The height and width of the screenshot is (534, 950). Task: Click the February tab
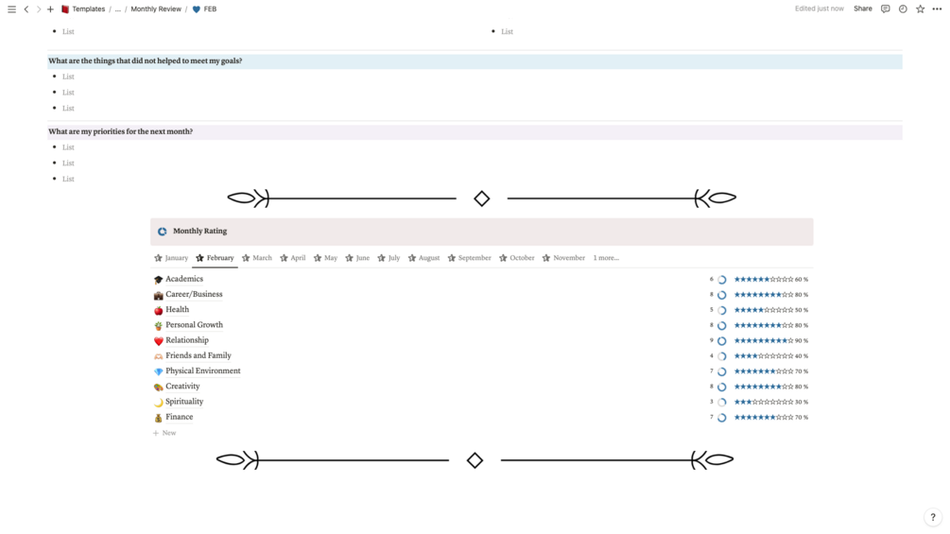click(x=216, y=258)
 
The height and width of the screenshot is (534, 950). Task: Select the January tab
click(x=171, y=258)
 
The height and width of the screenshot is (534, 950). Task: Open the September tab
click(x=470, y=258)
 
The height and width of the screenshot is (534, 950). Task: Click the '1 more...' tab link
click(x=606, y=258)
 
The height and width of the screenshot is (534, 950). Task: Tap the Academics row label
click(x=184, y=279)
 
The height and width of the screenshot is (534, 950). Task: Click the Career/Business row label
click(x=194, y=294)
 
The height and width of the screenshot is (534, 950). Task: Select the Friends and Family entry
click(x=199, y=355)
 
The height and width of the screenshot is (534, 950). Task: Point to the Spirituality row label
click(x=184, y=402)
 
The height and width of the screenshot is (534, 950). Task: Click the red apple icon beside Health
click(x=158, y=310)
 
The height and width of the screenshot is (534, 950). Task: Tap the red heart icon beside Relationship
click(x=158, y=341)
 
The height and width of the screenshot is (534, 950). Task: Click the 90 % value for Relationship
click(x=802, y=341)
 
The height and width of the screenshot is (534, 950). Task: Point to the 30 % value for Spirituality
click(x=802, y=402)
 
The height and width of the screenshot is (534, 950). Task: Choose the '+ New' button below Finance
click(x=164, y=433)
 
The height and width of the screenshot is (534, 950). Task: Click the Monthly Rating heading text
click(x=200, y=231)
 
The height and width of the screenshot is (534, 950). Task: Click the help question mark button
click(x=933, y=517)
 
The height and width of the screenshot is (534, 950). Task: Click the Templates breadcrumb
click(x=89, y=9)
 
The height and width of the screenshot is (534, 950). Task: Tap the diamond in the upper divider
click(x=482, y=198)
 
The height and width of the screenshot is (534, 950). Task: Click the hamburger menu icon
click(x=11, y=9)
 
